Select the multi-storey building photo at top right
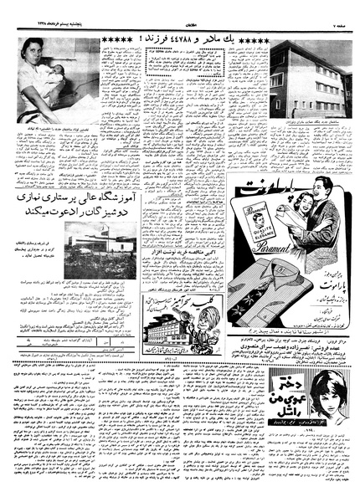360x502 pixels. click(x=309, y=79)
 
